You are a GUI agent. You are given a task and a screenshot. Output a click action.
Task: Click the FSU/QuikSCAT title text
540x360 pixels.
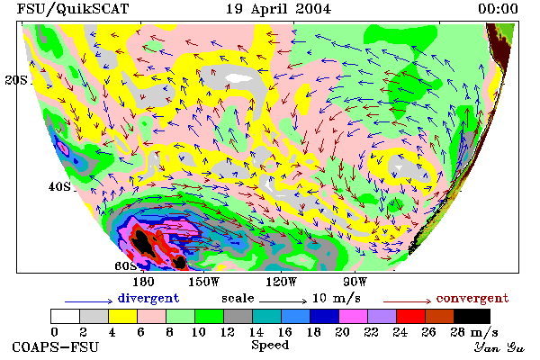point(73,9)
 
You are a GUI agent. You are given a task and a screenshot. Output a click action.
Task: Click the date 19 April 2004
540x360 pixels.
point(278,9)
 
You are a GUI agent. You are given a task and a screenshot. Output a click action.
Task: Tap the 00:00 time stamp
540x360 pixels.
point(498,9)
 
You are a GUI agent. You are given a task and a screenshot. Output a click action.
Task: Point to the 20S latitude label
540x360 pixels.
point(16,80)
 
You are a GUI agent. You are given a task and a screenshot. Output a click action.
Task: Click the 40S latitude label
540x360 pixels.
point(59,186)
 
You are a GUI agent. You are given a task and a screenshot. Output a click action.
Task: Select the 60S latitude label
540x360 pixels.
point(126,265)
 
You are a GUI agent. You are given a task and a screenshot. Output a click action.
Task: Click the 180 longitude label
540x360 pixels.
point(143,282)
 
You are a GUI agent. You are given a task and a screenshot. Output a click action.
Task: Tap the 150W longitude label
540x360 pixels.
point(204,282)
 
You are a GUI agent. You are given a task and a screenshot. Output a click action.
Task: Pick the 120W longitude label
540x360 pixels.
point(281,282)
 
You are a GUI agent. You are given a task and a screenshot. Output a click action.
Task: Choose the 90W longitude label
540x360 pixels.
point(355,282)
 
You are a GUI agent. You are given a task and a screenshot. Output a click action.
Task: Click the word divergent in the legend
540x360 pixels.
point(148,298)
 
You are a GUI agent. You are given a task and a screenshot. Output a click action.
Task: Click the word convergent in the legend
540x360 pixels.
point(472,298)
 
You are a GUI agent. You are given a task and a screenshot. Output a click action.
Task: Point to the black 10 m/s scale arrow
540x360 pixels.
point(283,301)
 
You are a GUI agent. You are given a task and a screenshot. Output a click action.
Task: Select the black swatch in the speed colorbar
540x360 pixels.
point(472,316)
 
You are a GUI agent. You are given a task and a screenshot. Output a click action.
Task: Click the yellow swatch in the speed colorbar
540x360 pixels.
point(122,316)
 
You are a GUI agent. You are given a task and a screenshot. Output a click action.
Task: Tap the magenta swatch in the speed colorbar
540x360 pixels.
point(353,316)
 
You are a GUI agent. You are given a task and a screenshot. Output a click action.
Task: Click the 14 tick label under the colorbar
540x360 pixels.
point(256,332)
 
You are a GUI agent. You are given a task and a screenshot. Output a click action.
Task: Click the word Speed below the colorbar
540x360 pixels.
point(270,346)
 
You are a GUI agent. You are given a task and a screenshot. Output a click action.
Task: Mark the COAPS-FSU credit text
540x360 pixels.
point(56,346)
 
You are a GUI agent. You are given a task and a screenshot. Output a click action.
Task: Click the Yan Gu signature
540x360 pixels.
point(499,347)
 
